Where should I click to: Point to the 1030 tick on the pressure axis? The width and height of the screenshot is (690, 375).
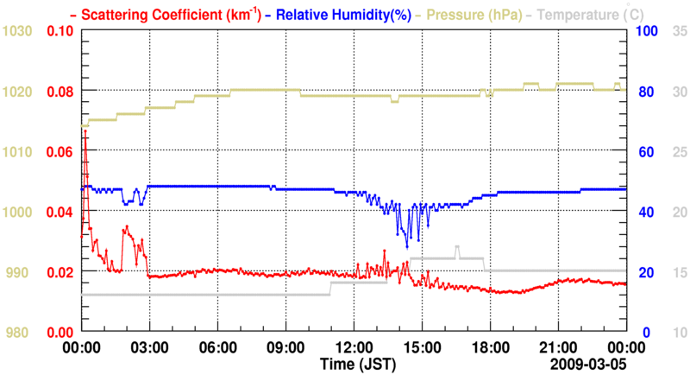click(17, 31)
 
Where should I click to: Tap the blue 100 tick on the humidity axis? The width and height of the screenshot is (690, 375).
click(647, 31)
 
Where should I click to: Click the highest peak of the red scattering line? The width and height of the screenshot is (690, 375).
click(85, 131)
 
